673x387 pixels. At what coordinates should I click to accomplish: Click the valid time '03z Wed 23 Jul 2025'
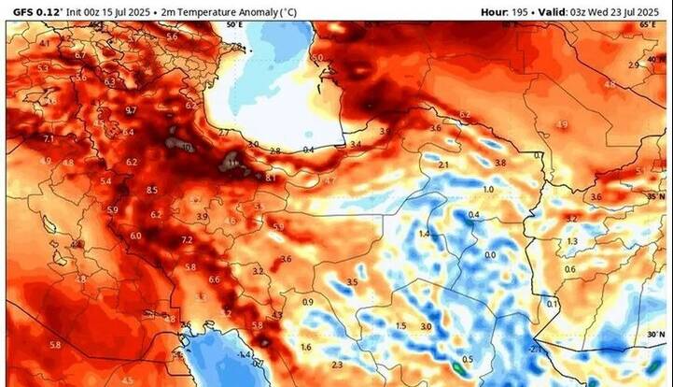point(607,11)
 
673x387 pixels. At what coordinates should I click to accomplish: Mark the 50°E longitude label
point(233,26)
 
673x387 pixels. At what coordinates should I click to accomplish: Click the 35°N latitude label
point(656,197)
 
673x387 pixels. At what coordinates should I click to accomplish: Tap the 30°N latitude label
point(656,333)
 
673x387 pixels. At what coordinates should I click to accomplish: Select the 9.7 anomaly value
point(130,110)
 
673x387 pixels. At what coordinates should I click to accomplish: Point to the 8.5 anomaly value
point(151,190)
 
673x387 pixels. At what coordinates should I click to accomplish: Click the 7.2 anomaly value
point(187,240)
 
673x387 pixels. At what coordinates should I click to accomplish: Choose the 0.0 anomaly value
point(490,254)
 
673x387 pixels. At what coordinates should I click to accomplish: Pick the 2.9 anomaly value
point(634,64)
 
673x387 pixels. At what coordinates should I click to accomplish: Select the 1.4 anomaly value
point(425,233)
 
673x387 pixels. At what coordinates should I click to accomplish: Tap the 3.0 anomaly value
point(426,326)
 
